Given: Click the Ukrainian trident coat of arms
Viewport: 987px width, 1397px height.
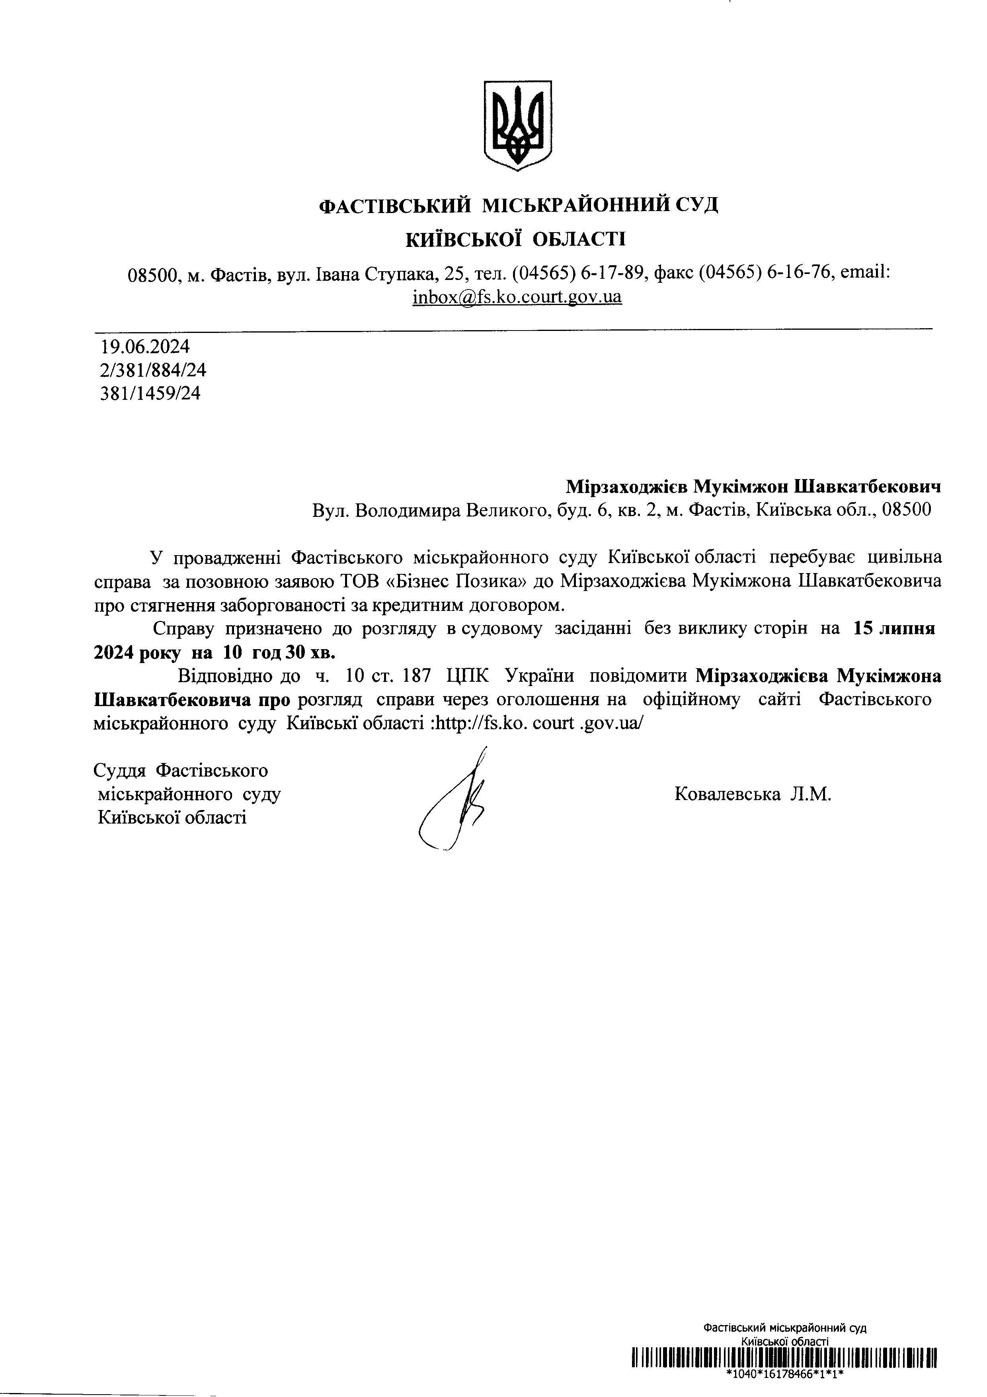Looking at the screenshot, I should pos(517,125).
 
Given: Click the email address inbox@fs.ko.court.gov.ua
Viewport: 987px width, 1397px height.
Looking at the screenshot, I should pos(517,297).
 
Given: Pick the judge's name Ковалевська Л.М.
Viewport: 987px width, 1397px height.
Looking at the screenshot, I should pos(752,794).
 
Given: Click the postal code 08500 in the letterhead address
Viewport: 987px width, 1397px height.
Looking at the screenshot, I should pos(153,274).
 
